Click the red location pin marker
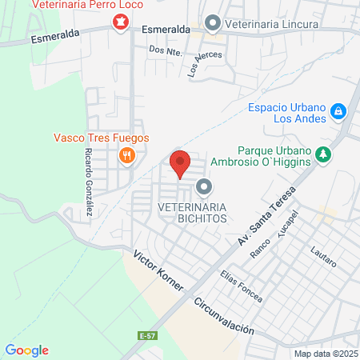click(181, 163)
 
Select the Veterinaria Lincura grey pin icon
click(213, 22)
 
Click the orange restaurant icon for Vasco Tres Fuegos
click(125, 155)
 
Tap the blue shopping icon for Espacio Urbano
click(338, 110)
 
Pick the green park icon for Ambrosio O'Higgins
click(323, 154)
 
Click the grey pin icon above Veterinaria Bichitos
click(204, 188)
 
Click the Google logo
click(27, 350)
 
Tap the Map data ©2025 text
click(325, 353)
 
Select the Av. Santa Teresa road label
click(266, 217)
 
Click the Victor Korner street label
click(159, 272)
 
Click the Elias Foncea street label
click(241, 286)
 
